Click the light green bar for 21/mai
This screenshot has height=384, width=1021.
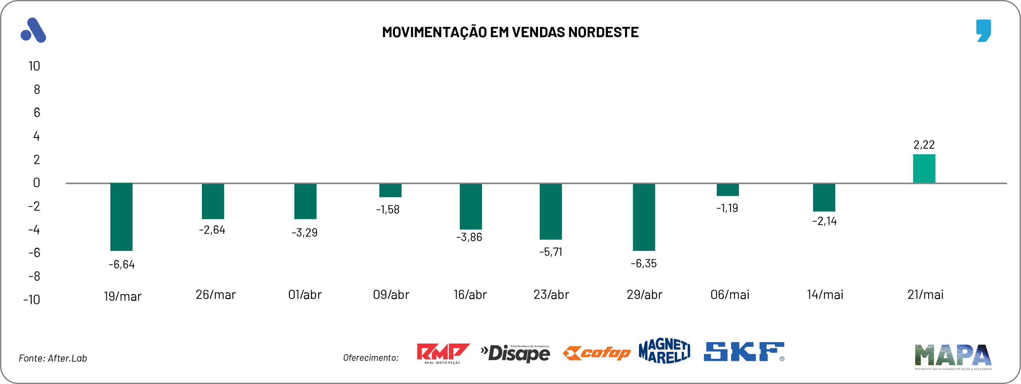[x=924, y=169]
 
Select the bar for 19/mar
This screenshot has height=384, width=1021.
[x=121, y=217]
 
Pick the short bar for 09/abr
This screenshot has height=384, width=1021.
[x=390, y=190]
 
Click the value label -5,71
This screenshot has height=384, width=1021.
[x=551, y=252]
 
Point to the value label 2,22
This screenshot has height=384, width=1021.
[x=924, y=145]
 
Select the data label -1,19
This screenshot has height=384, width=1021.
[x=727, y=208]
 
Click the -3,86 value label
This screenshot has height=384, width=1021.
[x=469, y=237]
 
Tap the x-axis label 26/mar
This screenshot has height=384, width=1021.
[x=216, y=294]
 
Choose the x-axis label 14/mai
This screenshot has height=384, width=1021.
[x=825, y=294]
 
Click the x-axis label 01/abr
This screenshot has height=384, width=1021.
[x=305, y=294]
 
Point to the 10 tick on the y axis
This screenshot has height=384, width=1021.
[x=34, y=66]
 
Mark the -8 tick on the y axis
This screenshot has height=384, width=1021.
[x=34, y=276]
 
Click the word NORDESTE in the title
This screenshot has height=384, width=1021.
[x=603, y=32]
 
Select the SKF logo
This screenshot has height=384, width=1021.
[x=743, y=352]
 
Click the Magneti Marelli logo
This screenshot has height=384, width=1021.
[x=664, y=351]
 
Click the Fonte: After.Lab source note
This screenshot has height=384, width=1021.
[x=53, y=358]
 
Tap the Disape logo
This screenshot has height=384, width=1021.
[x=515, y=353]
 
